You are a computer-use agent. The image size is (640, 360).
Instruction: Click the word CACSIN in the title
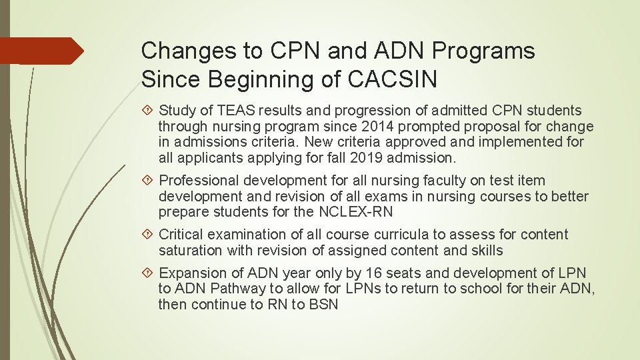point(393,80)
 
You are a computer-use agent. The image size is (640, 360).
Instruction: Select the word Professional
point(199,181)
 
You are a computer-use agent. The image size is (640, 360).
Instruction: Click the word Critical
point(181,235)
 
